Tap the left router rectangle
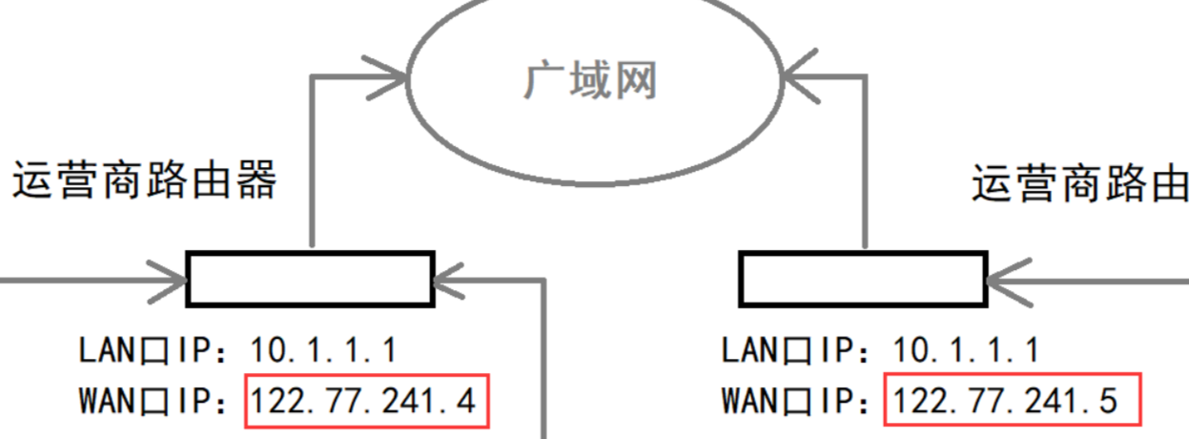[310, 279]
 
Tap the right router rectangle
[863, 279]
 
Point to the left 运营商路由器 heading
[144, 179]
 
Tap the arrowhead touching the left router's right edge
[448, 280]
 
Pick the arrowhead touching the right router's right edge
[1001, 280]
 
